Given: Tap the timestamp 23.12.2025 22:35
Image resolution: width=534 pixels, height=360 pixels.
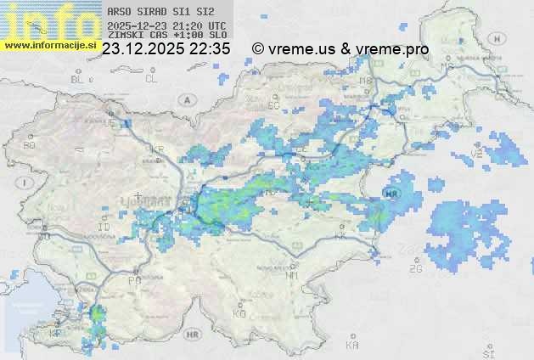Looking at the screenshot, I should (x=166, y=49).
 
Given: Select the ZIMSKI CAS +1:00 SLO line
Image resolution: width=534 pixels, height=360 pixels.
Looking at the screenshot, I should (x=166, y=36).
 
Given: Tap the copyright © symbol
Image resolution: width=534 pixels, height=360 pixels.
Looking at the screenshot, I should (x=258, y=49).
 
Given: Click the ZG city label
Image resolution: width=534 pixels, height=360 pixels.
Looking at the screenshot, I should (x=415, y=269).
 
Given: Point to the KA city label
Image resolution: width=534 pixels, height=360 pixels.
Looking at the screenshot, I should (x=352, y=346).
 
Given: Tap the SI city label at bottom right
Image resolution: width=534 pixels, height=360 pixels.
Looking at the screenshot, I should (x=487, y=351).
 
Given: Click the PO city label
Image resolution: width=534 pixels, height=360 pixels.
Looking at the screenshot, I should (x=133, y=280).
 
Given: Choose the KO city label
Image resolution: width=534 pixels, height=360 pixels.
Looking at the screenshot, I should (x=239, y=314).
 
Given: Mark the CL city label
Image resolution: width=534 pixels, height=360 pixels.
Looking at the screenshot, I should (x=152, y=79).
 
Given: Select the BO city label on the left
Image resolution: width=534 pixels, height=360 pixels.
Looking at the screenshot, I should (x=30, y=145).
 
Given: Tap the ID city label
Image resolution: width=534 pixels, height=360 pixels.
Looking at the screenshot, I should (x=104, y=228).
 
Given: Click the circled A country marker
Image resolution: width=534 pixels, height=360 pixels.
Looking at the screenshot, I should (x=185, y=99).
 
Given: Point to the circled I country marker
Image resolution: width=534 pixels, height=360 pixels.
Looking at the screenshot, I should (x=27, y=182).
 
